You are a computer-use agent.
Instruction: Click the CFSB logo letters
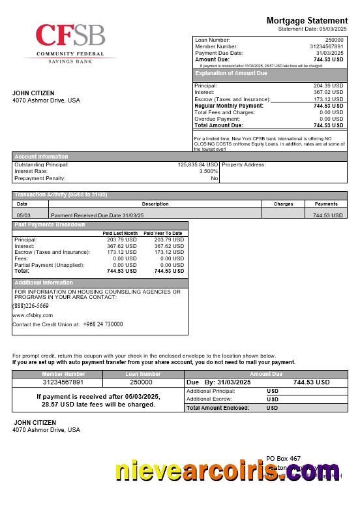pos(70,35)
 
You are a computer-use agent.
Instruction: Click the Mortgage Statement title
pos(307,21)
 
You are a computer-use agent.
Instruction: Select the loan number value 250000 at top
pos(334,40)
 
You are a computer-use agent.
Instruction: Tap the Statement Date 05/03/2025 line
pos(312,29)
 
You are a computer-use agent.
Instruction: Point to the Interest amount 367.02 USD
pos(328,93)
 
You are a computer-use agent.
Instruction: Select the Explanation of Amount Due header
pos(231,74)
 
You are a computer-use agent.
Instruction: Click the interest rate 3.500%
pos(208,171)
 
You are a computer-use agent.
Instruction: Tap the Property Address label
pos(244,165)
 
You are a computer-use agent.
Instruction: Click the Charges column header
pos(283,204)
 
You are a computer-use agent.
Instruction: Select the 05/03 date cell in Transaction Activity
pos(23,215)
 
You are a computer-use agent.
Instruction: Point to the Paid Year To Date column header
pos(163,233)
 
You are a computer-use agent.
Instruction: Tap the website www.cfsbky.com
pos(33,315)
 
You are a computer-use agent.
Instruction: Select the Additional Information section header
pos(44,283)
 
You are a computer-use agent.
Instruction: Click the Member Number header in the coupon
pos(63,374)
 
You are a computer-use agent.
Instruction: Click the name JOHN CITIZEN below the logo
pos(33,93)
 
